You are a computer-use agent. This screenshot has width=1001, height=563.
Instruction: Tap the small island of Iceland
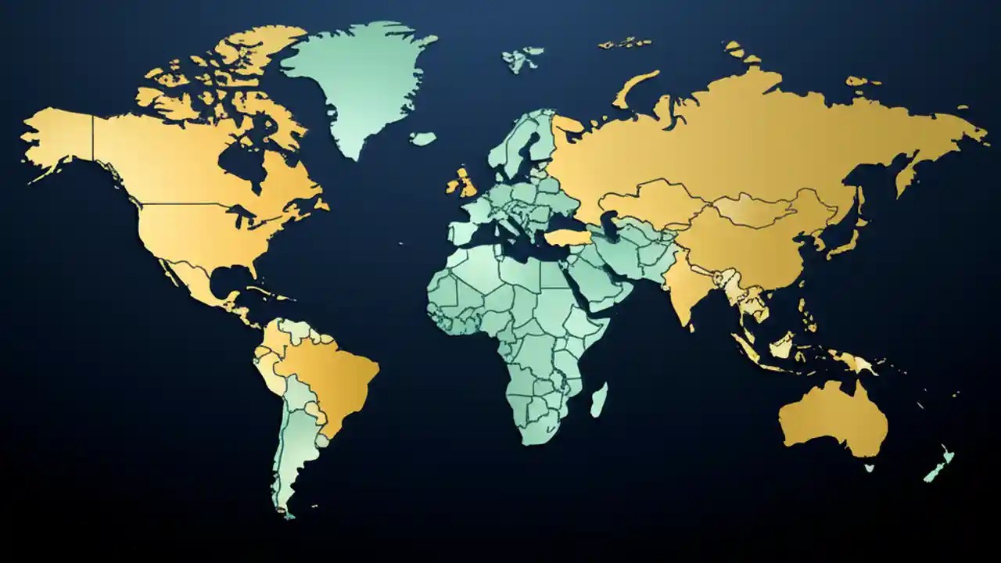tap(423, 138)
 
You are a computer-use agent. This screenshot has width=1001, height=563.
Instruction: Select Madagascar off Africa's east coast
tap(599, 400)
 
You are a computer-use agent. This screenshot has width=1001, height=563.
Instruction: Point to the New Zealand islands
tap(938, 465)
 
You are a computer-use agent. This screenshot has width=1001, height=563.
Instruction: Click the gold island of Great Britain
tap(465, 184)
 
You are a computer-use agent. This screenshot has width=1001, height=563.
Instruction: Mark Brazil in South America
tap(332, 375)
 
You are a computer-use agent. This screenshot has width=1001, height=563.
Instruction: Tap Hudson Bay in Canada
tap(239, 160)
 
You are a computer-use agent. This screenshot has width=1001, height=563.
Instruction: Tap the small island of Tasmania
tap(869, 468)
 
